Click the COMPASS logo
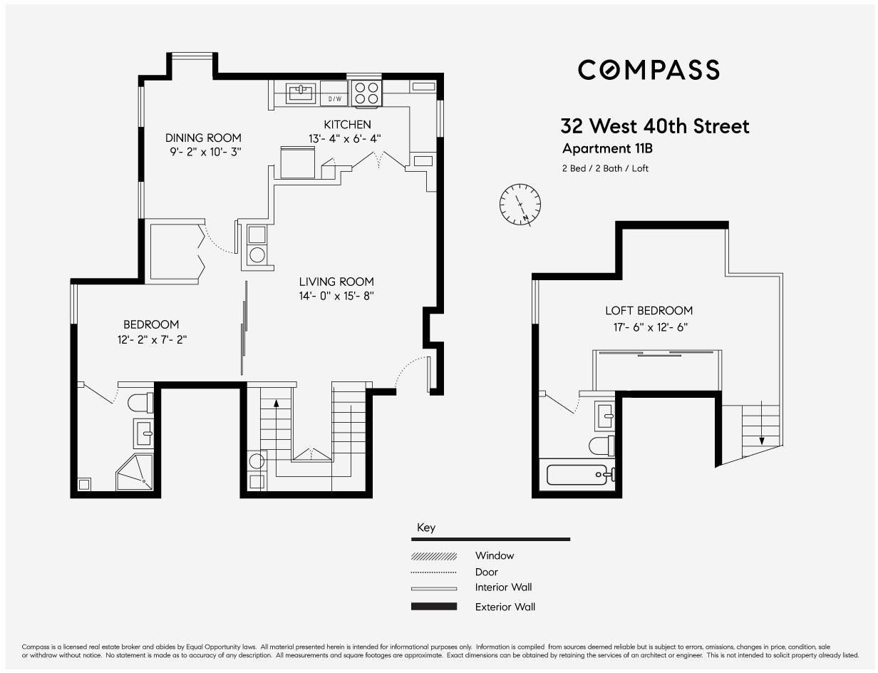tap(649, 70)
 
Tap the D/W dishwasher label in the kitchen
tap(334, 98)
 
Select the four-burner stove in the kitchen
tap(367, 93)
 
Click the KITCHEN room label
tap(347, 125)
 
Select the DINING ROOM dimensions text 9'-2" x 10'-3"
tap(205, 152)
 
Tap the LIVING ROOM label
tap(336, 282)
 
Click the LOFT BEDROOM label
tap(649, 310)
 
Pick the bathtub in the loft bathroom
tap(581, 475)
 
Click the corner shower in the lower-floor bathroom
tap(135, 472)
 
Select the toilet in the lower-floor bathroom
tap(140, 403)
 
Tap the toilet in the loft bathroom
tap(602, 446)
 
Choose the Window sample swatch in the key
tap(434, 556)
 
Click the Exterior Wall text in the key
tap(505, 607)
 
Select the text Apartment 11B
tap(607, 148)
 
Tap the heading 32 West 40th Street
tap(654, 126)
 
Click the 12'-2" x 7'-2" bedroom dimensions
tap(152, 339)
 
